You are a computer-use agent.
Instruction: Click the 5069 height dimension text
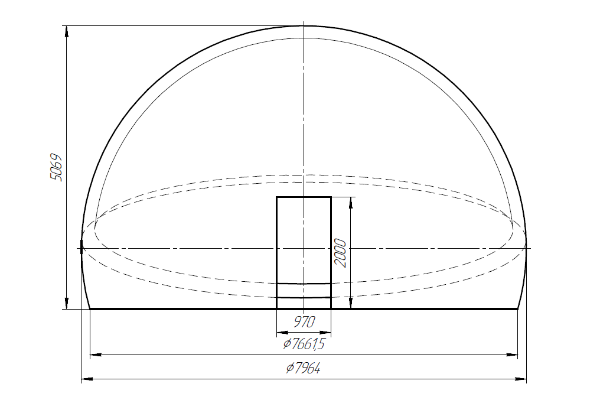tap(56, 168)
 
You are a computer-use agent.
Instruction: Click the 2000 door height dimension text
tap(340, 253)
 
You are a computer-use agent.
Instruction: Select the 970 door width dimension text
tap(304, 321)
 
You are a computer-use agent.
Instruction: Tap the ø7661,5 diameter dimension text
tap(304, 344)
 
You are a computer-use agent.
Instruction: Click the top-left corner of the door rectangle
tap(277, 197)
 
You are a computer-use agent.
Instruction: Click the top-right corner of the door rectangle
tap(331, 197)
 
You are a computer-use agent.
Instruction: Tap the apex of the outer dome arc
tap(304, 25)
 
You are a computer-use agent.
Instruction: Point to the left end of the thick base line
tap(90, 308)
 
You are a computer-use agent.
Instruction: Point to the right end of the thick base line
tap(517, 308)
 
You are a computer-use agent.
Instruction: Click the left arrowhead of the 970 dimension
tap(281, 330)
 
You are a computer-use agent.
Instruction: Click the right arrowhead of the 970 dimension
tap(327, 330)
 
